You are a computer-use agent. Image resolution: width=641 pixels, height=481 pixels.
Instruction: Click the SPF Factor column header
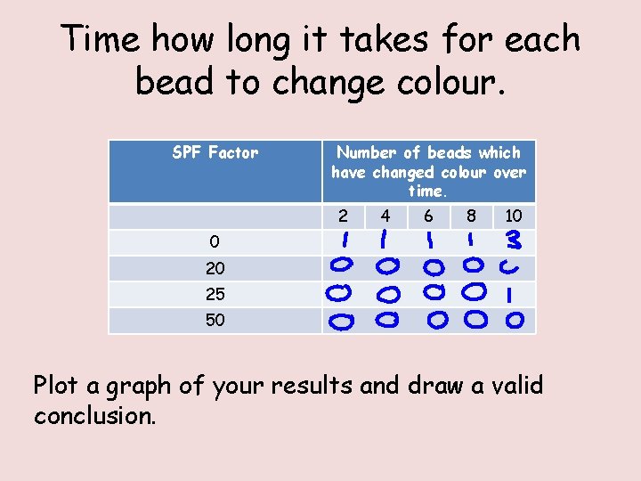215,153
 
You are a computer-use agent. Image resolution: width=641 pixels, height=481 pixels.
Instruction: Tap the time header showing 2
343,216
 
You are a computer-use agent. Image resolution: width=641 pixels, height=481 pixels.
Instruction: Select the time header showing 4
385,216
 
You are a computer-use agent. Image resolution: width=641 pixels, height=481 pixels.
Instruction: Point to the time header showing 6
428,216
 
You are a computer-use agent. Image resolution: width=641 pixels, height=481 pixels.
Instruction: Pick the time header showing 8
471,216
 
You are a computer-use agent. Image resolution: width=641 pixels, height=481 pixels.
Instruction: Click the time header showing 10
514,216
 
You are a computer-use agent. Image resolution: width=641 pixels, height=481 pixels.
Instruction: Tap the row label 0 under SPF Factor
215,241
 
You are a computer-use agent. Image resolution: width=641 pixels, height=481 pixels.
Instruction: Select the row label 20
215,268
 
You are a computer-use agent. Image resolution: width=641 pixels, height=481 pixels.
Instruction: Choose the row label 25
215,294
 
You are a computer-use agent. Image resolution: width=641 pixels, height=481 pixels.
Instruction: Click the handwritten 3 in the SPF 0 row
513,240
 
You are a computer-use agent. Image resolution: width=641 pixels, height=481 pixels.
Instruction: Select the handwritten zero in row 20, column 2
343,265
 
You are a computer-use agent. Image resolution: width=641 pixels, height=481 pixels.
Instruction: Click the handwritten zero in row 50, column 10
514,319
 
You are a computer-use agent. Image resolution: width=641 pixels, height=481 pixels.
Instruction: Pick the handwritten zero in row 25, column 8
475,291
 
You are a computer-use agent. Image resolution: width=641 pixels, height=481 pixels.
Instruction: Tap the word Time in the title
101,40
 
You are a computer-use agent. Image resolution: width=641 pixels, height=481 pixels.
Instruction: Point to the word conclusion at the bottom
94,416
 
